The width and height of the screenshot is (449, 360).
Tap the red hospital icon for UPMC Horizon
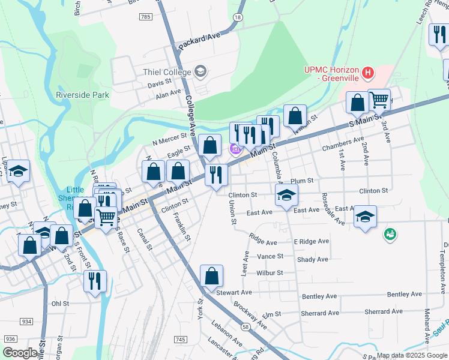coord(368,74)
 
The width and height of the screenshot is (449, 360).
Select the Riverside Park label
coord(82,95)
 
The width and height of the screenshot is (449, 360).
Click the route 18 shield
coord(238,17)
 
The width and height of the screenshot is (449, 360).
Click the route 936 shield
coord(10,339)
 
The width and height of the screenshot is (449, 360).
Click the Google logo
coord(20,353)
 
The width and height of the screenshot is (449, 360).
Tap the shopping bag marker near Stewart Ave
coord(211,277)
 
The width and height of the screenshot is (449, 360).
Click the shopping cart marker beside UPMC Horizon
coord(379,100)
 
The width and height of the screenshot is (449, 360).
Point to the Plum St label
coord(302,181)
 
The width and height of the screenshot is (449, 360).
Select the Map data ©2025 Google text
coord(411,355)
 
